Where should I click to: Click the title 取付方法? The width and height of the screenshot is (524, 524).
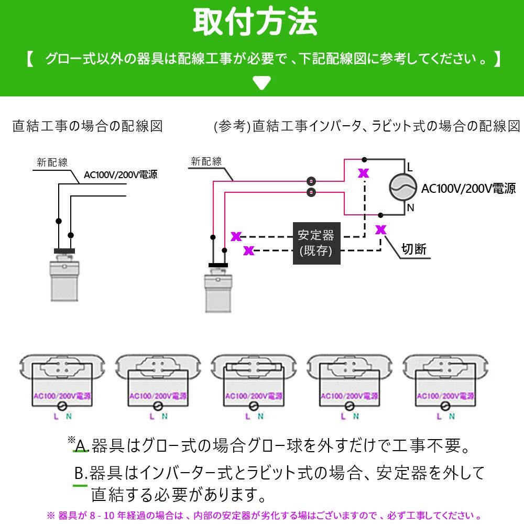[x=255, y=21]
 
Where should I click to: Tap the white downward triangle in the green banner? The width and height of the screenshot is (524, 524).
[x=261, y=82]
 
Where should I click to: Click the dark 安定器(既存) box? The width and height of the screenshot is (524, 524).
[x=316, y=243]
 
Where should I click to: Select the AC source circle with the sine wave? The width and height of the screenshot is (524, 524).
[x=403, y=188]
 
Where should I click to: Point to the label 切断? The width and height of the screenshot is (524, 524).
[x=414, y=249]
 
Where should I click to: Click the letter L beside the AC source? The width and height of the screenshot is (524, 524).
[x=410, y=168]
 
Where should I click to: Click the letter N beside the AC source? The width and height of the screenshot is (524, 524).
[x=410, y=208]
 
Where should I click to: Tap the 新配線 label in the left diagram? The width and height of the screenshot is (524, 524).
[x=52, y=162]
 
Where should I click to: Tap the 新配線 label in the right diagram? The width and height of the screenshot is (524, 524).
[x=206, y=162]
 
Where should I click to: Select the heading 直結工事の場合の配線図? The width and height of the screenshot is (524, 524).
[x=88, y=126]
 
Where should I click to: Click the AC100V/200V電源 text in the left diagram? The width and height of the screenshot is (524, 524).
[x=121, y=175]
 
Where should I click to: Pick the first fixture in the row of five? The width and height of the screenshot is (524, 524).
[x=62, y=385]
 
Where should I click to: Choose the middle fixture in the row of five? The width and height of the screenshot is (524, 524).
[x=254, y=385]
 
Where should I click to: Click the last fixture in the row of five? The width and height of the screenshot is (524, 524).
[x=445, y=385]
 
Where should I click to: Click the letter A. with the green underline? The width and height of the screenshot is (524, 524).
[x=81, y=446]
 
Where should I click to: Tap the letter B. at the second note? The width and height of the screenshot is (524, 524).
[x=80, y=474]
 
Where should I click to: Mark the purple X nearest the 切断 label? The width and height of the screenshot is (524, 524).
[x=380, y=229]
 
